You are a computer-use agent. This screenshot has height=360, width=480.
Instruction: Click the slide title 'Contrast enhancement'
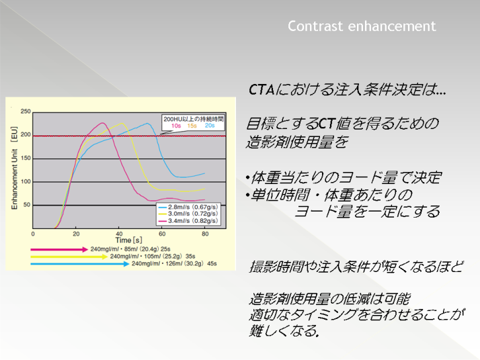pyautogui.click(x=362, y=26)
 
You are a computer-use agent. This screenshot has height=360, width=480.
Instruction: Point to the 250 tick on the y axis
pyautogui.click(x=26, y=111)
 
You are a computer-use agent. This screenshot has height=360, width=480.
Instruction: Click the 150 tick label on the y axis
pyautogui.click(x=26, y=158)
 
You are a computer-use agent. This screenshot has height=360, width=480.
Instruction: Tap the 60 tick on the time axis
pyautogui.click(x=162, y=234)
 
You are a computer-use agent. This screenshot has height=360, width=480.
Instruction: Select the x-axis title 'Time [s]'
pyautogui.click(x=128, y=240)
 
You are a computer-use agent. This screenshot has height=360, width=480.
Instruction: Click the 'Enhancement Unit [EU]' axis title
pyautogui.click(x=14, y=168)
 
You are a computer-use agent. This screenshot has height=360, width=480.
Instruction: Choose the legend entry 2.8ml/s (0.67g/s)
pyautogui.click(x=188, y=207)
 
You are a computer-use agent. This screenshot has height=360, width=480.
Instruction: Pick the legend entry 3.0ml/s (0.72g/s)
pyautogui.click(x=188, y=214)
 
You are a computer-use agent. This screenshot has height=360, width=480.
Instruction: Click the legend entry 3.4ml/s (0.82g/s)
pyautogui.click(x=188, y=220)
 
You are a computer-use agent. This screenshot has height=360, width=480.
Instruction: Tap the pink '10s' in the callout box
pyautogui.click(x=176, y=126)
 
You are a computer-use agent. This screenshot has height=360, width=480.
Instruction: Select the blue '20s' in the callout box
pyautogui.click(x=210, y=126)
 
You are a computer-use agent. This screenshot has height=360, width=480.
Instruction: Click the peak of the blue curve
pyautogui.click(x=147, y=124)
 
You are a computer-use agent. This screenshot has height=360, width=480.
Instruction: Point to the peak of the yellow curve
pyautogui.click(x=122, y=124)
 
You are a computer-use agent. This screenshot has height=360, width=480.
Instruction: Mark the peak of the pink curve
pyautogui.click(x=102, y=123)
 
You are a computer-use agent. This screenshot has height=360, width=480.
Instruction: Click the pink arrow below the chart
pyautogui.click(x=59, y=250)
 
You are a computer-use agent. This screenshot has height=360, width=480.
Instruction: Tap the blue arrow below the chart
pyautogui.click(x=80, y=264)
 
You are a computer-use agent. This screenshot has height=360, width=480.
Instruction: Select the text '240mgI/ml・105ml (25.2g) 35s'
pyautogui.click(x=153, y=257)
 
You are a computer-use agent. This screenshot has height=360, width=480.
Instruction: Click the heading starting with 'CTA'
pyautogui.click(x=347, y=89)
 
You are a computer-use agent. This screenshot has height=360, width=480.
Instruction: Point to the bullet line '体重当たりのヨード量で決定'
pyautogui.click(x=344, y=177)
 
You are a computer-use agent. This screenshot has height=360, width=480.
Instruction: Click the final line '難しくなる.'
pyautogui.click(x=284, y=330)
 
